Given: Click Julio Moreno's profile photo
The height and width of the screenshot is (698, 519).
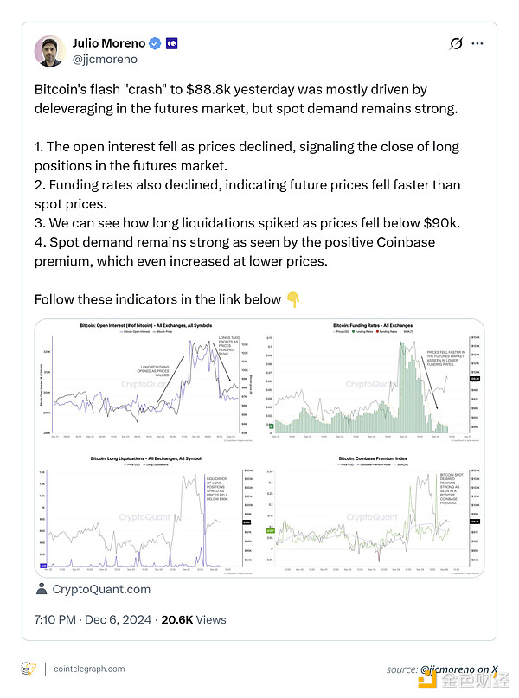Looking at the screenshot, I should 50,51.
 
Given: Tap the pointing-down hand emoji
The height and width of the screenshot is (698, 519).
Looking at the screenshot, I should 293,300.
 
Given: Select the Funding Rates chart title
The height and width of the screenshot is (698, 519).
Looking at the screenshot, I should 373,326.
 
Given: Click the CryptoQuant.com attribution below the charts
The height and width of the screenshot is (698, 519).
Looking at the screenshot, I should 101,589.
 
